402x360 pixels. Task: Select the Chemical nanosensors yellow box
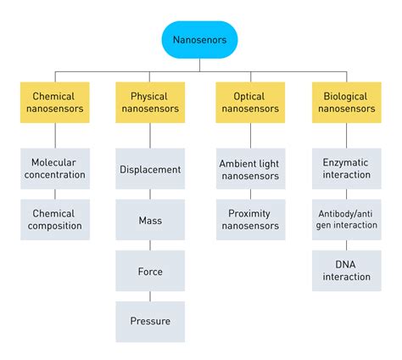(53, 103)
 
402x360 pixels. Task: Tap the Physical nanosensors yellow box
(150, 103)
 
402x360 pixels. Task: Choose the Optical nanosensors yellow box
(249, 103)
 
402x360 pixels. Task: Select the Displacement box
(150, 169)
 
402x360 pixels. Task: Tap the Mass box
(150, 220)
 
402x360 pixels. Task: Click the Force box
(150, 272)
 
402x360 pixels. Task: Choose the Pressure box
(150, 321)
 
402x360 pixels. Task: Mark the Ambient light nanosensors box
(249, 168)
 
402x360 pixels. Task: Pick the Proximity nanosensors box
(249, 219)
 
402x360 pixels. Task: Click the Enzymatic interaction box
(347, 168)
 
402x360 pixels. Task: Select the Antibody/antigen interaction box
(347, 219)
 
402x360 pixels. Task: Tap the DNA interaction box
(347, 270)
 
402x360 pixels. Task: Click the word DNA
(347, 263)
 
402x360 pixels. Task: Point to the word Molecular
(53, 161)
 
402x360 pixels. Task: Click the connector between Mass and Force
(150, 245)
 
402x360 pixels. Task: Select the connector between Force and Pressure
(150, 296)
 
